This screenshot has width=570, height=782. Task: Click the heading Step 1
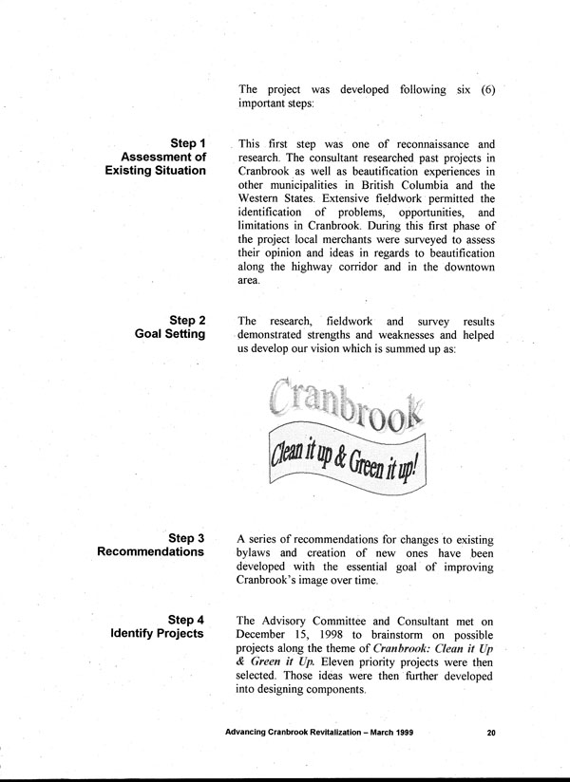coord(188,142)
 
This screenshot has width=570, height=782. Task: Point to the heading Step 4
coord(186,620)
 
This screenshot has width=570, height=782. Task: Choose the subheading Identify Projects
coord(156,634)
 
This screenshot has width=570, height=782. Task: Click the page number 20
coord(490,732)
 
